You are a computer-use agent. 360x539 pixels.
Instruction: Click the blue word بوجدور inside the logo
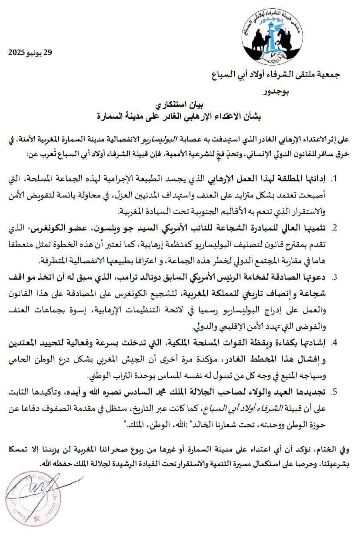(x=271, y=20)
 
